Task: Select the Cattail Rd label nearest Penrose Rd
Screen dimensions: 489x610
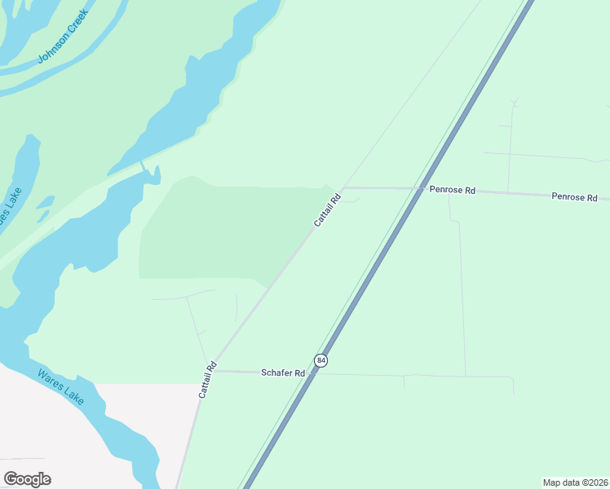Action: point(326,210)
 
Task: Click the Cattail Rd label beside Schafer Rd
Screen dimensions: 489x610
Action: point(206,380)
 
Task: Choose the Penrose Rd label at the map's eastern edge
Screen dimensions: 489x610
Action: point(574,197)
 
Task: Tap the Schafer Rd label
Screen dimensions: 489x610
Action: point(282,372)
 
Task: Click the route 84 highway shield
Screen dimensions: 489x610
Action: point(321,360)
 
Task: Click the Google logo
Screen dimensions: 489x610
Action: point(27,479)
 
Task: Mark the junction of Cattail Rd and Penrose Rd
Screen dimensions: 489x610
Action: point(343,187)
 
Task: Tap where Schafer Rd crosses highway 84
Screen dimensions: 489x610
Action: point(312,374)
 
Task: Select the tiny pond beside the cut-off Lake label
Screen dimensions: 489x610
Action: point(45,203)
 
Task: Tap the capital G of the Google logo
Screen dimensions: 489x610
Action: point(11,478)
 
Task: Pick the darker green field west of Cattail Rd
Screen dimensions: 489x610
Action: point(220,232)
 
